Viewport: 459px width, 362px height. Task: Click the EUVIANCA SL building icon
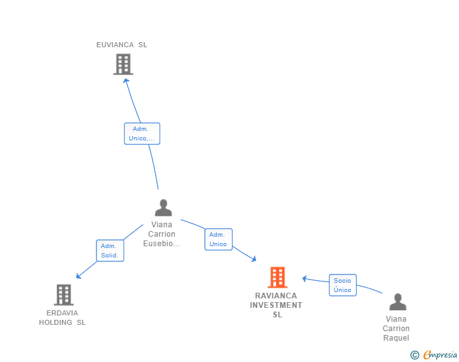pos(123,64)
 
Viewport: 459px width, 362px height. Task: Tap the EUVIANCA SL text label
pos(122,45)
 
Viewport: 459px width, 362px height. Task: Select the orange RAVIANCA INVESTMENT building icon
pos(277,277)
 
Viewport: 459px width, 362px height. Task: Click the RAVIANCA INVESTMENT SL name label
pos(276,305)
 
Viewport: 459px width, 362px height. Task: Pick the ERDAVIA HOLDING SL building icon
pos(64,295)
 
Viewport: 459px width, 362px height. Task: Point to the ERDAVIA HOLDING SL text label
pos(62,317)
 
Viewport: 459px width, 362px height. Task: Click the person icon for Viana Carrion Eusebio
pos(163,208)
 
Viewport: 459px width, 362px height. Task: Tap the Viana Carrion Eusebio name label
pos(161,234)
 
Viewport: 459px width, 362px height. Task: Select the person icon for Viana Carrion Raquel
pos(398,302)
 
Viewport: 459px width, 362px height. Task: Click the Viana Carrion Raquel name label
pos(396,329)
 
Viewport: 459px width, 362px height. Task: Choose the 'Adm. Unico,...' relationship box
pos(142,133)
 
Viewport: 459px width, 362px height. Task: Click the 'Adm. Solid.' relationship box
pos(110,251)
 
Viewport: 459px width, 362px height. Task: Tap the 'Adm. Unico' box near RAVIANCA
pos(218,239)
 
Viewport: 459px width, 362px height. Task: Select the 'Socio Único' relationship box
pos(343,285)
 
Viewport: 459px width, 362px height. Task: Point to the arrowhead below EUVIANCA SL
pos(126,81)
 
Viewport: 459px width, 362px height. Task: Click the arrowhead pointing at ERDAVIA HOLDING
pos(78,276)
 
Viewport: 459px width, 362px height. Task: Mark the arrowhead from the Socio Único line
pos(305,279)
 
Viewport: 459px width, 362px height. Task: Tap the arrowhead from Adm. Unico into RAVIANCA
pos(254,259)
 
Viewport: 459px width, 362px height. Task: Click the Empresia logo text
pos(440,354)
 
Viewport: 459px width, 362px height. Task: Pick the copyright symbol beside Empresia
pos(415,355)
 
